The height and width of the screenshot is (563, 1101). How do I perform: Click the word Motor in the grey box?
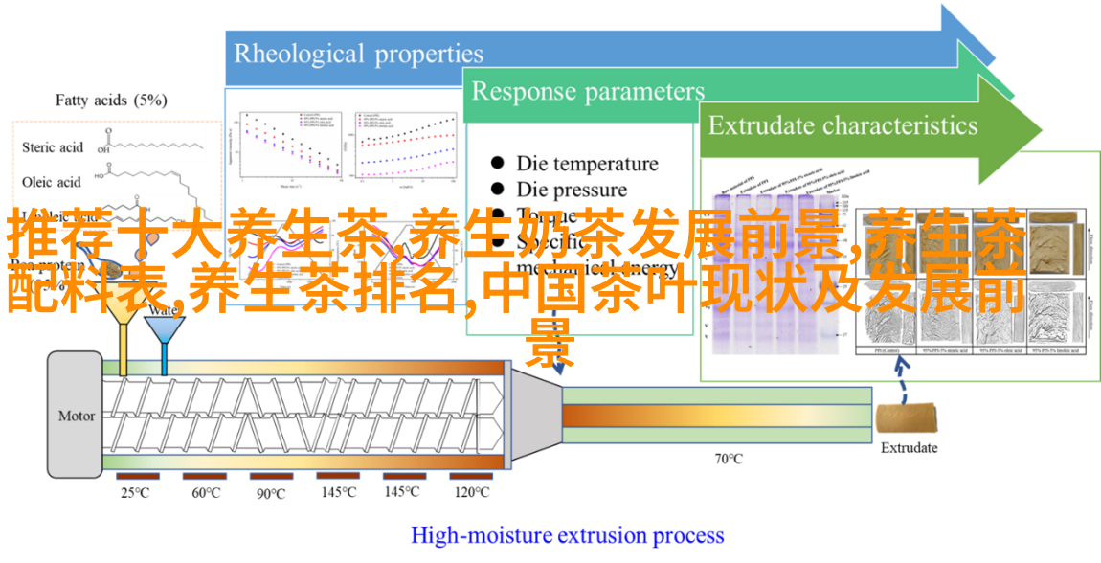(x=77, y=416)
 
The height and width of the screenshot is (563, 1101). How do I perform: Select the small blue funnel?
(x=164, y=330)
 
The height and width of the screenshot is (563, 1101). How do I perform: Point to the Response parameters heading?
(x=588, y=92)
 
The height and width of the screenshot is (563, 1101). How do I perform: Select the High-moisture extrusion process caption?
(x=567, y=535)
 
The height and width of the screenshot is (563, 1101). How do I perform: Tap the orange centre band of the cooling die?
(x=716, y=416)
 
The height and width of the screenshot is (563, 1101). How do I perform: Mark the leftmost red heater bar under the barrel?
(x=139, y=476)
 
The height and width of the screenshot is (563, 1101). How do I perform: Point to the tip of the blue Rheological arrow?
(x=996, y=48)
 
